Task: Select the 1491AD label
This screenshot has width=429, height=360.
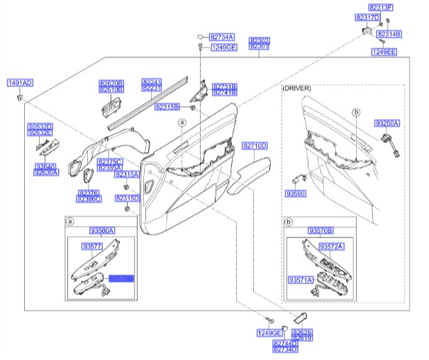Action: tap(20, 83)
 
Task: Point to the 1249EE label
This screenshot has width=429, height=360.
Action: tap(384, 52)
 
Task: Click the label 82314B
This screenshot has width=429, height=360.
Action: tap(389, 33)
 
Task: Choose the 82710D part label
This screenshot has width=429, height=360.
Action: tap(255, 145)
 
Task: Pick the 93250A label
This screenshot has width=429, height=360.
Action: tap(388, 123)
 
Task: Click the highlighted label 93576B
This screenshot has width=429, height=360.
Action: tap(121, 279)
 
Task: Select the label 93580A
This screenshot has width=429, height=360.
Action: tap(102, 231)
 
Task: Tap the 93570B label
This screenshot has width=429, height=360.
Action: tap(321, 231)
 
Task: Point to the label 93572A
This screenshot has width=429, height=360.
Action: tap(330, 246)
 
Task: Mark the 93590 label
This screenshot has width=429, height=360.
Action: tap(295, 193)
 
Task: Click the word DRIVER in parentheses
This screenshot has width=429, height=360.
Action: tap(297, 87)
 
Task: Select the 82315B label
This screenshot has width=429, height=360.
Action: tap(167, 106)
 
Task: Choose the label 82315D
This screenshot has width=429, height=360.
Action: tap(127, 198)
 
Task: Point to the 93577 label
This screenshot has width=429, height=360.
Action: tap(92, 246)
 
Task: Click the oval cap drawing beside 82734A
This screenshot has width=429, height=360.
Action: tap(201, 35)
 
